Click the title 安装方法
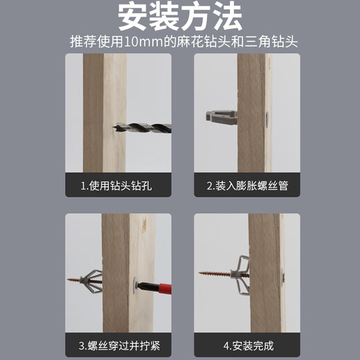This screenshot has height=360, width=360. click(x=180, y=17)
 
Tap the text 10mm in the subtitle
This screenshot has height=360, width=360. click(x=143, y=42)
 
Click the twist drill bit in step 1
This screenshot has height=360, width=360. click(x=142, y=128)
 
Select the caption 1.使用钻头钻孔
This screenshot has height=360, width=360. click(x=116, y=186)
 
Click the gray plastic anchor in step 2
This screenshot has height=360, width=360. click(x=222, y=117)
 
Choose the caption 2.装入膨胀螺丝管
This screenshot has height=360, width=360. click(x=247, y=186)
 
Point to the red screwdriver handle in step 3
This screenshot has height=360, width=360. click(x=162, y=289)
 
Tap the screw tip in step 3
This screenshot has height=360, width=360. click(x=68, y=280)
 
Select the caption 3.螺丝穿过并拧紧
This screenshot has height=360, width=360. click(x=119, y=346)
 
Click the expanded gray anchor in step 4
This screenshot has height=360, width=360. click(x=241, y=275)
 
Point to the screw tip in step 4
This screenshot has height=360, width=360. click(x=200, y=273)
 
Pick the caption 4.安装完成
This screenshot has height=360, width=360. click(x=249, y=346)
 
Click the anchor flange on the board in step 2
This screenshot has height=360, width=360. click(x=267, y=120)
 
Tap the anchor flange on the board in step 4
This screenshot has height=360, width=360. click(x=282, y=278)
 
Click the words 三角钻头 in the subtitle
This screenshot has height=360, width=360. click(x=271, y=42)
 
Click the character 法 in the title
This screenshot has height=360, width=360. click(x=227, y=17)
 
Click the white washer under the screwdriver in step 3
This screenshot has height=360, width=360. click(x=135, y=285)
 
